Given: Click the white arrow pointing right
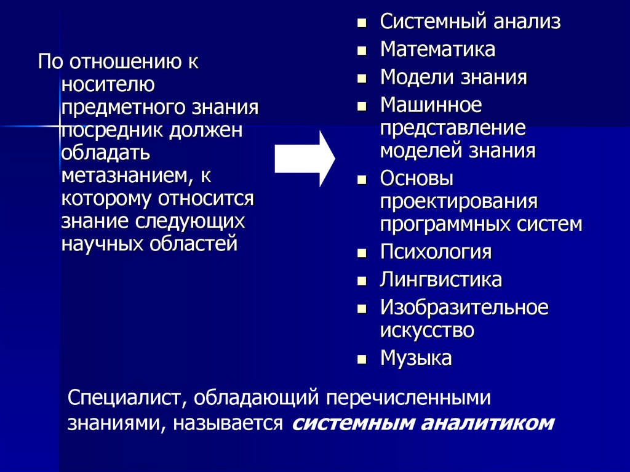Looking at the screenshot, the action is pos(304,159).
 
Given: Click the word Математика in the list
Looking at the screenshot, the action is pos(437,49).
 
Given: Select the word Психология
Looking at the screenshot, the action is pos(436,252).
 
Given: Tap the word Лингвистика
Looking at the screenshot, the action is pos(441,280).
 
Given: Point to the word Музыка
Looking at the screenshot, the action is pos(416,358).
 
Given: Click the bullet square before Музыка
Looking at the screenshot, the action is pos(362,359).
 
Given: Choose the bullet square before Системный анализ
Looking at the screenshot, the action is pos(362,23).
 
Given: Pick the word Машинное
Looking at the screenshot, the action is pos(431,105).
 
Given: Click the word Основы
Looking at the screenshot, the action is pos(417,179).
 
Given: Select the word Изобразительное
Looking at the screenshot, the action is pos(464,307).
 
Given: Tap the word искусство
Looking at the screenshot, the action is pos(427,330).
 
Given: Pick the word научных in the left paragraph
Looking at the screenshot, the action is pos(101,244).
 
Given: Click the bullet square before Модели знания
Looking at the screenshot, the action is pos(362,79).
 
